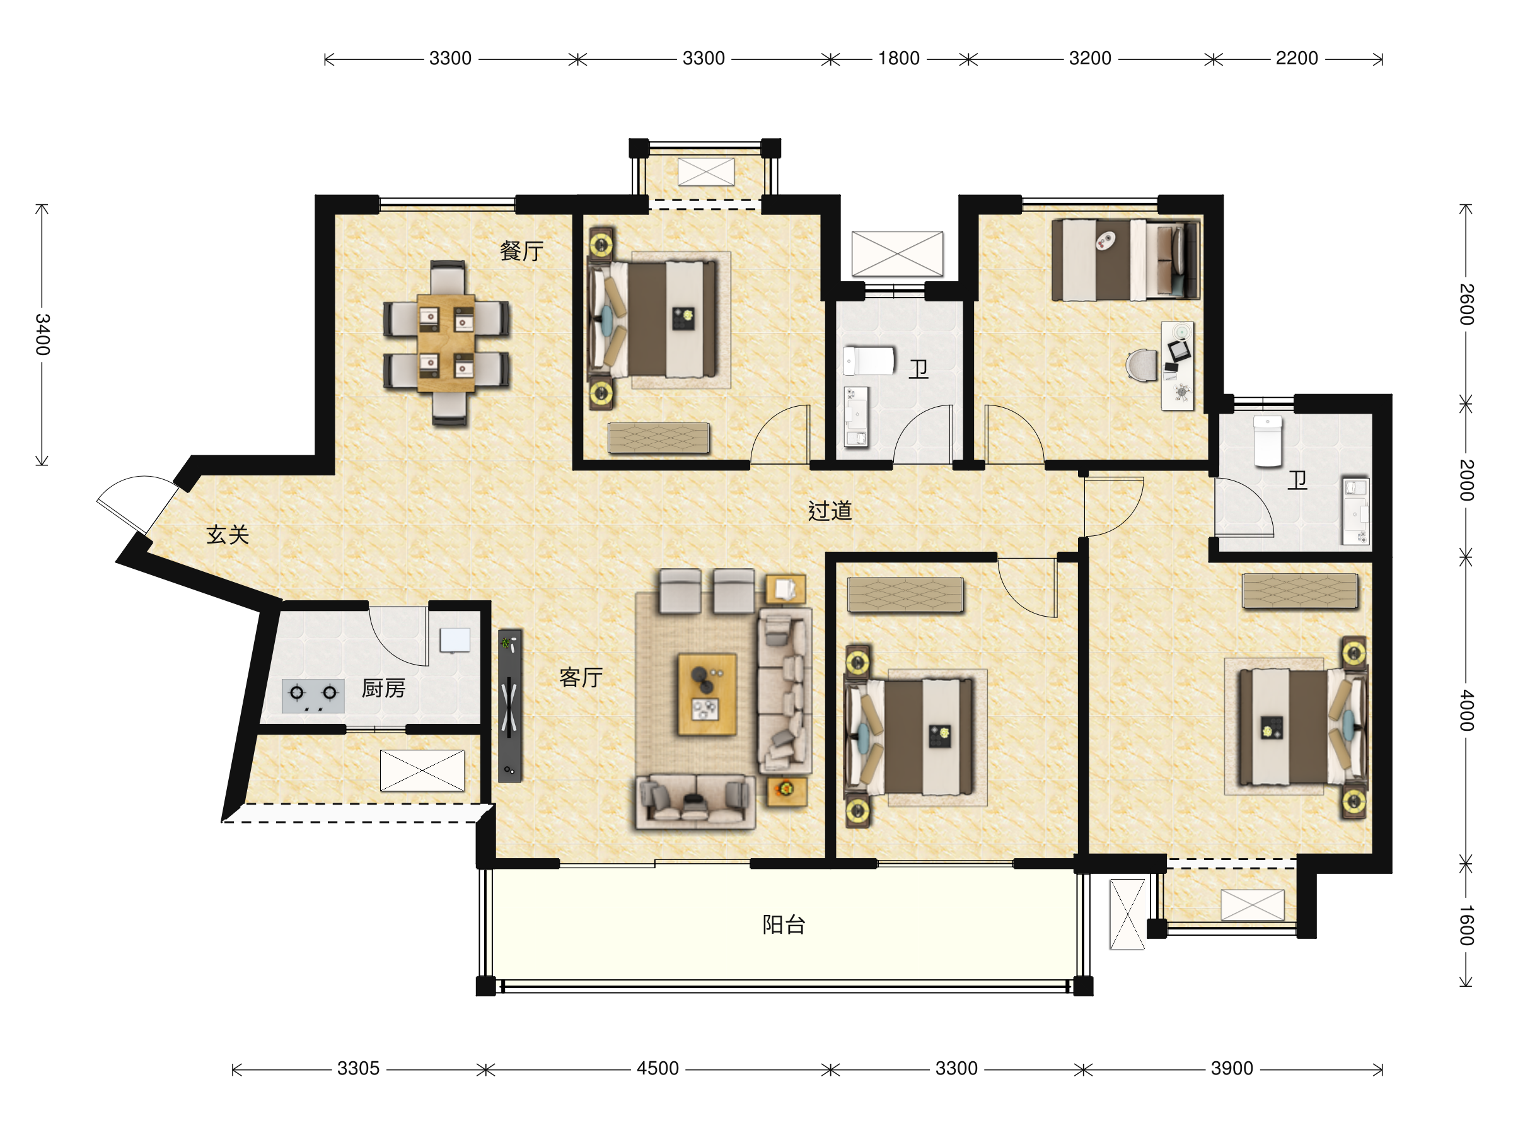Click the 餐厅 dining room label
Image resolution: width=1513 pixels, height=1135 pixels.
coord(521,251)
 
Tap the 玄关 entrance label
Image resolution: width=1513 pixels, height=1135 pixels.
coord(228,535)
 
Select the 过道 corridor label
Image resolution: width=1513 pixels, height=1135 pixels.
coord(830,511)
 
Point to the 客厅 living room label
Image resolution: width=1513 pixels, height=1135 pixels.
coord(581,677)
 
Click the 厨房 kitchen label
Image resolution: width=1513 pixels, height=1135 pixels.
coord(383,689)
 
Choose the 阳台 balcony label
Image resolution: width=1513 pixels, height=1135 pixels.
coord(784,925)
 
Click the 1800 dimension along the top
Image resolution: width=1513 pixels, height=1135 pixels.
coord(899,59)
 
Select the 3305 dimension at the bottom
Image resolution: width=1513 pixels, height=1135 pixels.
coord(359,1069)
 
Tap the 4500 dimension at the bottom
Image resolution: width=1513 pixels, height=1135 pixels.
coord(658,1069)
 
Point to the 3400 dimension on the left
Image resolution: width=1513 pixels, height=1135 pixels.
coord(42,335)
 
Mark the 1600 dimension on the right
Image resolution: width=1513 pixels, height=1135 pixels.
coord(1466,925)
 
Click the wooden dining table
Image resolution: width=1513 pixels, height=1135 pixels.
coord(446,343)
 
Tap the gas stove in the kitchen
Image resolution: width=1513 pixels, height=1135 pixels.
coord(313,696)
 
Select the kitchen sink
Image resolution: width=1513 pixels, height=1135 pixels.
coord(455,641)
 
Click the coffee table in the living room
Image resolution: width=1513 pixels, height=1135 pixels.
coord(707,694)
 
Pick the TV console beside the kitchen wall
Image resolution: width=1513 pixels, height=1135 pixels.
coord(509,706)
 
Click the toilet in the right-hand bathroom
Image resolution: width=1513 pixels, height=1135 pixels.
coord(1267,441)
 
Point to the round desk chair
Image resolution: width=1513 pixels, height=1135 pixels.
coord(1142,364)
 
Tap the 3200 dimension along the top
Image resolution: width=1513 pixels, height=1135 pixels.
coord(1090,59)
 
